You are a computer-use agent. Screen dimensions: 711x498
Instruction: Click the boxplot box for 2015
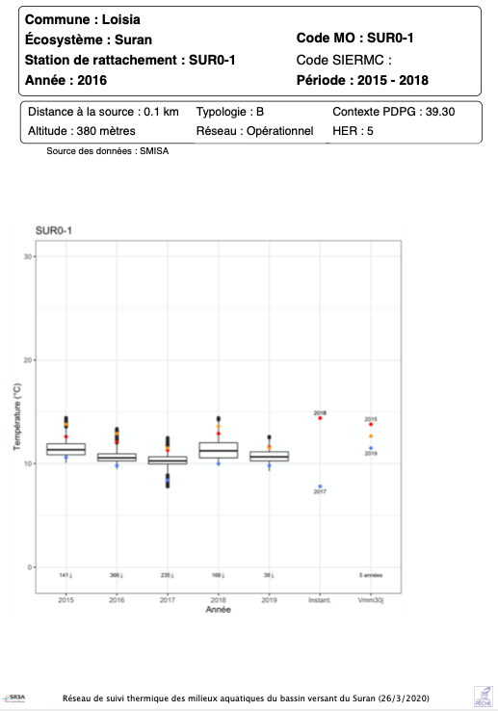[x=66, y=449]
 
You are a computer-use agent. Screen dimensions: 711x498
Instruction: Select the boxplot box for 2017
[x=168, y=461]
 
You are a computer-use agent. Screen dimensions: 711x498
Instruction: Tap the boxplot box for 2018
[x=219, y=450]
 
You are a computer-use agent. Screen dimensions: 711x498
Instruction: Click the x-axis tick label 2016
[x=117, y=599]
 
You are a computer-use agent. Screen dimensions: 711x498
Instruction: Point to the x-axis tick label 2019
[x=269, y=599]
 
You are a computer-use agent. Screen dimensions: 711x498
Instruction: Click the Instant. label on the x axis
[x=320, y=599]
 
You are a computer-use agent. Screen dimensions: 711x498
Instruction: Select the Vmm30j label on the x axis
[x=371, y=599]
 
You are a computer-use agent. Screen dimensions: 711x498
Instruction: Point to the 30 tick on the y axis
[x=29, y=256]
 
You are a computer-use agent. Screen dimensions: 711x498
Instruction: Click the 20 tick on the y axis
[x=29, y=360]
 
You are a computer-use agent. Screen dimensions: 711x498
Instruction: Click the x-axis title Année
[x=219, y=611]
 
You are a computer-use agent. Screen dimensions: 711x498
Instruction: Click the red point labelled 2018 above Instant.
[x=320, y=418]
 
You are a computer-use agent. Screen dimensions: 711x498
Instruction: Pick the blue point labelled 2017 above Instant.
[x=320, y=487]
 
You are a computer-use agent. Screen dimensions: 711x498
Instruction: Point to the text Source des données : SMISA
[x=107, y=151]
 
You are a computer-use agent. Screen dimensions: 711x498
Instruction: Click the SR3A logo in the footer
[x=16, y=697]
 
